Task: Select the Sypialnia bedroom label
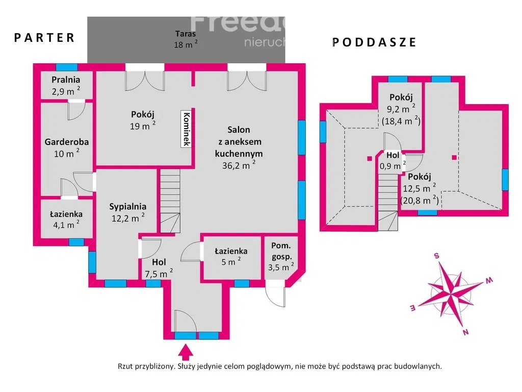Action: (127, 212)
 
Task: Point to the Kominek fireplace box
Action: (187, 129)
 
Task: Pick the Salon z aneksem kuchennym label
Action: (239, 148)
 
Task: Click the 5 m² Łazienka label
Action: (231, 256)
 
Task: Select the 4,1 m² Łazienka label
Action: (66, 219)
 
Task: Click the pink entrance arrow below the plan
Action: (186, 351)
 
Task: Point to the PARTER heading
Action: (44, 37)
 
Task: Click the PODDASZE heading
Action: (375, 42)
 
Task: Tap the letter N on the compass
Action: (465, 333)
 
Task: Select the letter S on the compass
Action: (437, 256)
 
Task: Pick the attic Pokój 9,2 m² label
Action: (401, 108)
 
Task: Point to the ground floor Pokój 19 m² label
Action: (142, 120)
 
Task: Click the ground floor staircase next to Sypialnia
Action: (170, 201)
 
